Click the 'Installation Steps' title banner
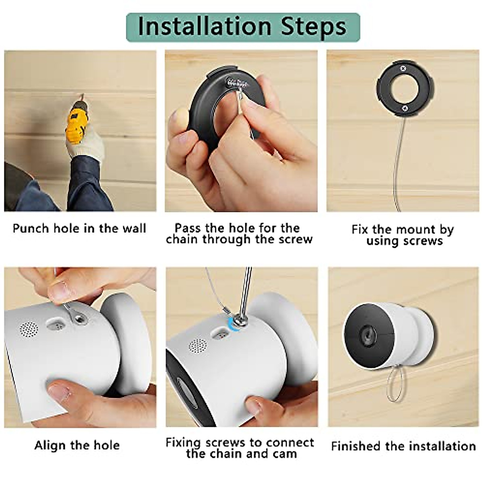(x=242, y=27)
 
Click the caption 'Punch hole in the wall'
(x=79, y=228)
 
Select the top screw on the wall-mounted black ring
(x=403, y=69)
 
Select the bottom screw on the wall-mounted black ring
(x=404, y=108)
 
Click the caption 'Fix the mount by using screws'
(x=403, y=235)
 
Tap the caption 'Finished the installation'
(x=403, y=446)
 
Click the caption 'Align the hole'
(x=77, y=445)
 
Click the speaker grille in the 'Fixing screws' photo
(x=198, y=346)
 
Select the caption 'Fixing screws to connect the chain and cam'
(x=240, y=448)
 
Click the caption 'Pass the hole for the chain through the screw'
(x=239, y=234)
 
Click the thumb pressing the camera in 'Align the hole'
(x=60, y=389)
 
